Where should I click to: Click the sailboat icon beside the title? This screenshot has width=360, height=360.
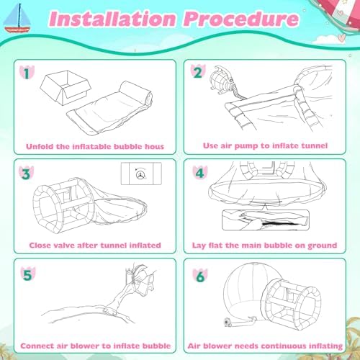click(17, 19)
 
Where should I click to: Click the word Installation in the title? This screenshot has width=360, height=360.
click(112, 19)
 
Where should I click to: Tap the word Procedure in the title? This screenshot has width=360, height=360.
click(241, 19)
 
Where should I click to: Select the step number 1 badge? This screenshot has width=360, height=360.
click(27, 73)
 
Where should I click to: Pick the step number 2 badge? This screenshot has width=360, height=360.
click(198, 72)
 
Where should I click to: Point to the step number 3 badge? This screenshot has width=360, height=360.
click(26, 174)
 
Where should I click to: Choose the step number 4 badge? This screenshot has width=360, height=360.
click(200, 172)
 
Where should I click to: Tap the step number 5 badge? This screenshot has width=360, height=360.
click(28, 274)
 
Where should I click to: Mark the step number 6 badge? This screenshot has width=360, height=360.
click(200, 276)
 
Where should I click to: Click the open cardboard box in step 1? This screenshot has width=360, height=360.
click(66, 88)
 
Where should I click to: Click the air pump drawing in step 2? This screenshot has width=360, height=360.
click(222, 81)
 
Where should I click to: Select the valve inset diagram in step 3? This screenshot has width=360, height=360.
click(141, 174)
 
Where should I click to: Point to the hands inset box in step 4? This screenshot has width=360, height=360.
click(266, 220)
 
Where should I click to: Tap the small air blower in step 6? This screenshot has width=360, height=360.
click(228, 322)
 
